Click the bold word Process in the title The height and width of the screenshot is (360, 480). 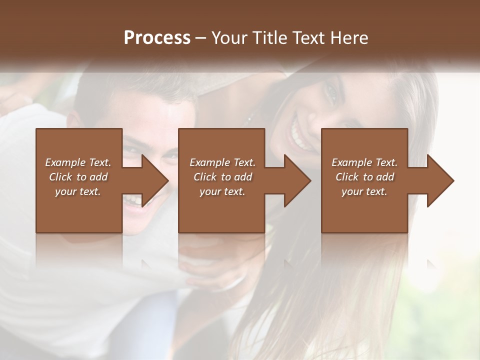pos(157,38)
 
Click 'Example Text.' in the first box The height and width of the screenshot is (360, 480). pos(78,162)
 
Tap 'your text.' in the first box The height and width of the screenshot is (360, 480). pos(78,191)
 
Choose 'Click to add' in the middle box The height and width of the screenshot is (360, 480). pos(222,177)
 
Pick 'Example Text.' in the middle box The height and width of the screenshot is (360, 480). pos(222,162)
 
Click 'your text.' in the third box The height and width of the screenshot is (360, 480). pos(364,191)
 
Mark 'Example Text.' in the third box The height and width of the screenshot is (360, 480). pos(364,162)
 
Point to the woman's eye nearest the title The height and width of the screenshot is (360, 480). pos(331,92)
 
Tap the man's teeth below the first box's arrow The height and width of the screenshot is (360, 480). pos(133,200)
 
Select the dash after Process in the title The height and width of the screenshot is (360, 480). pos(201,38)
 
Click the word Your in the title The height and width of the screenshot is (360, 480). pos(229,38)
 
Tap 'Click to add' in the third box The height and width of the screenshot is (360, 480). pos(364,177)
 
